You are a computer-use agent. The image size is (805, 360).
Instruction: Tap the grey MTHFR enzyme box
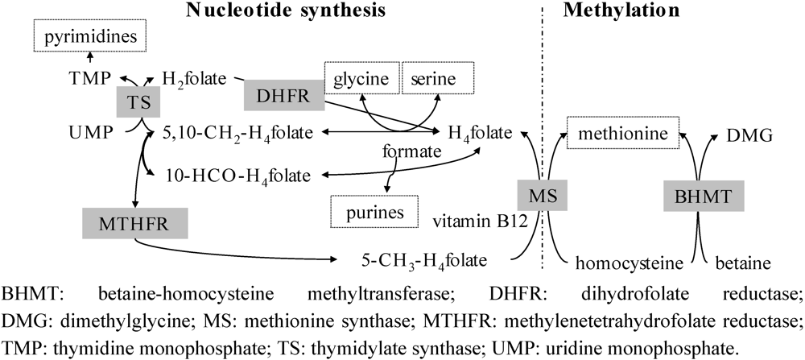point(135,221)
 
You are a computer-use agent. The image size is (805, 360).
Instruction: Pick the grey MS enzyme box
point(538,195)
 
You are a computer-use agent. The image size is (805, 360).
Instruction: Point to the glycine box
point(361,79)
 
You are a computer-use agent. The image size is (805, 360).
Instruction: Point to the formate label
point(411,151)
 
